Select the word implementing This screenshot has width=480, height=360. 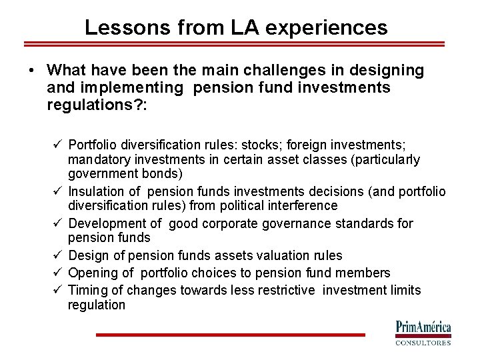coord(129,88)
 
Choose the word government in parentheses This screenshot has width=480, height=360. coord(101,175)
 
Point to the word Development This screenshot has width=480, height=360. coord(104,223)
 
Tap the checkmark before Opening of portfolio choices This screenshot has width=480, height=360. coord(59,272)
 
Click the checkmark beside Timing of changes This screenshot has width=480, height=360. coord(59,289)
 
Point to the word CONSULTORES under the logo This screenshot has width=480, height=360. coord(423,343)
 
